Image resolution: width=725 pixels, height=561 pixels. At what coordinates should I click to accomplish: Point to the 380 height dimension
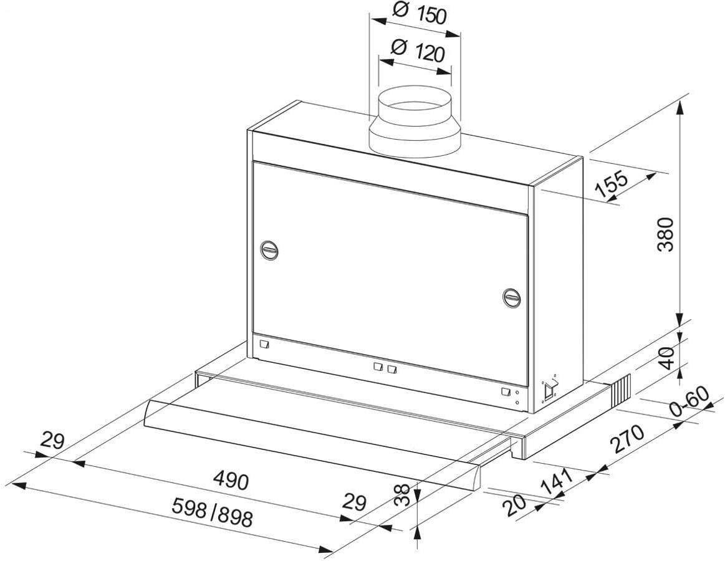tap(665, 234)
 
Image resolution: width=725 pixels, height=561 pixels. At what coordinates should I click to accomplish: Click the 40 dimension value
tap(666, 357)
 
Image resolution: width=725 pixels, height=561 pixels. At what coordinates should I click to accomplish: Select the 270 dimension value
tap(627, 439)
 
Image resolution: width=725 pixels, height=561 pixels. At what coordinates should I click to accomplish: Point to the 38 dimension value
tap(402, 495)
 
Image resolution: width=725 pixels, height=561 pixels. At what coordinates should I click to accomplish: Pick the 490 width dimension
tap(231, 481)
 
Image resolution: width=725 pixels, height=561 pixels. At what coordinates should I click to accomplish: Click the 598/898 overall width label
tap(212, 512)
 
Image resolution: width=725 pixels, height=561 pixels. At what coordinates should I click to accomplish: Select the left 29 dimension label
tap(52, 440)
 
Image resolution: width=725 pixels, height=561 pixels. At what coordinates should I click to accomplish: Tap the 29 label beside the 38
tap(354, 502)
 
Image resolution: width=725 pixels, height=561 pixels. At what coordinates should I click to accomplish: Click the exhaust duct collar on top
tap(415, 121)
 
